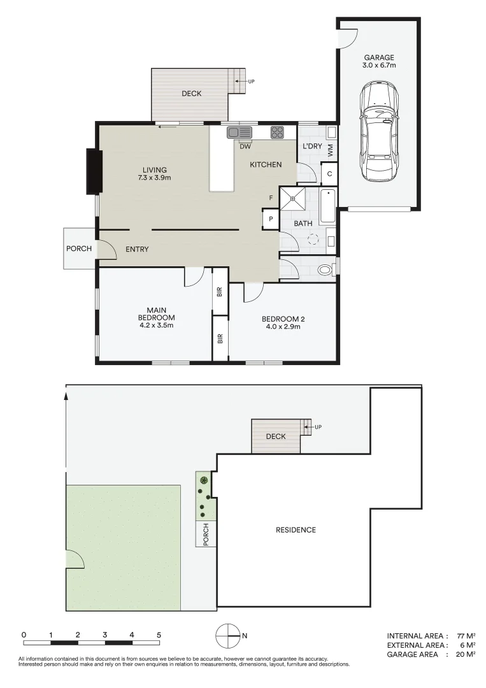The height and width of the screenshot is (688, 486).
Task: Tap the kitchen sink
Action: click(239, 133)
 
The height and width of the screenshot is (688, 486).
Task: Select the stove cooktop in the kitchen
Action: click(278, 133)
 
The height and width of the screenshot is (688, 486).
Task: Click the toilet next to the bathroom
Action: click(325, 269)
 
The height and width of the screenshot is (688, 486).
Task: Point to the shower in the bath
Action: click(293, 199)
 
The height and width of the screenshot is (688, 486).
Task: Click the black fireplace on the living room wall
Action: click(94, 171)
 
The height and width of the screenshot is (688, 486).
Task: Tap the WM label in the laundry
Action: click(330, 150)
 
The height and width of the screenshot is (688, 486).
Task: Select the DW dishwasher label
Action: click(245, 146)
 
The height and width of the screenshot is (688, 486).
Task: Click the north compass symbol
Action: click(227, 634)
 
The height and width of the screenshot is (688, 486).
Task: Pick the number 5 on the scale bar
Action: click(159, 634)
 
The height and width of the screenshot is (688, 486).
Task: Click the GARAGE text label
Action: click(379, 57)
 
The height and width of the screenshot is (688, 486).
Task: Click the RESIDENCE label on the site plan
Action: click(296, 529)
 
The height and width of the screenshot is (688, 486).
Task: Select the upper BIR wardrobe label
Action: click(220, 292)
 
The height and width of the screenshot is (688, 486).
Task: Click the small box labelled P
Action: click(271, 219)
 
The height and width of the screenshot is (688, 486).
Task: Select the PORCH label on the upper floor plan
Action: click(79, 248)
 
